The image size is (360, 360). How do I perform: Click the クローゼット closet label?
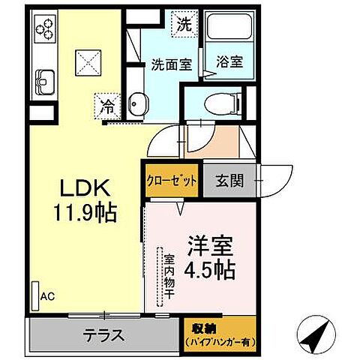click(x=172, y=180)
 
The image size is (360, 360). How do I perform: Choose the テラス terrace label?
click(x=103, y=335)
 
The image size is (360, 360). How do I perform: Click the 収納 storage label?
click(x=219, y=326)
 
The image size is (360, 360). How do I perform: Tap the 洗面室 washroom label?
click(x=172, y=64)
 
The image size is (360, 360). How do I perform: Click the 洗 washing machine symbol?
click(x=184, y=23)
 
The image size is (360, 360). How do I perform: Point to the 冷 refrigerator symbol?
click(x=108, y=106)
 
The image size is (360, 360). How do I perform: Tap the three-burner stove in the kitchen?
click(x=45, y=28)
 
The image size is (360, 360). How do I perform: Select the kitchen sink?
click(x=44, y=79)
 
